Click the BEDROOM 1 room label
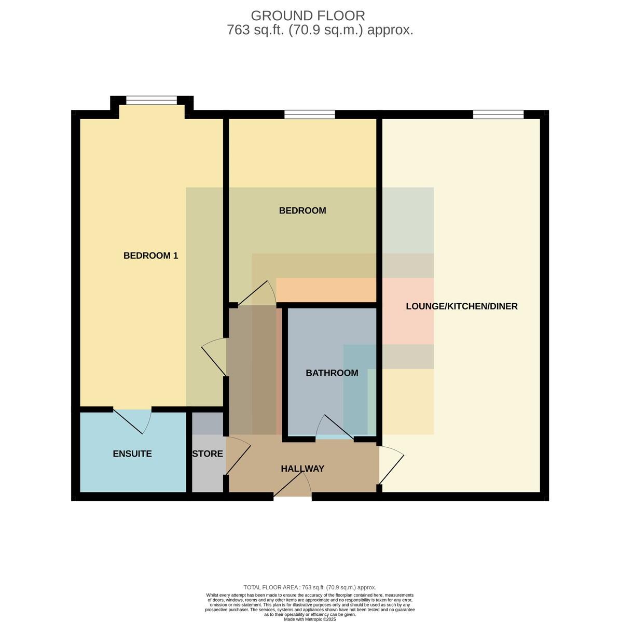(150, 256)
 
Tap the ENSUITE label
(132, 454)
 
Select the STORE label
(208, 454)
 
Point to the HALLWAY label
(302, 469)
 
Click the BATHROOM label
(332, 373)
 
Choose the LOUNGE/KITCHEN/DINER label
(462, 306)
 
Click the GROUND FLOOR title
(308, 16)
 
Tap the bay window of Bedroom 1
(151, 100)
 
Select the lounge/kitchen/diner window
(498, 115)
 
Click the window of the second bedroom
(310, 115)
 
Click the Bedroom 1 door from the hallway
(214, 357)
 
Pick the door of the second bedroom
(257, 293)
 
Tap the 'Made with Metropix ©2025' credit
(310, 619)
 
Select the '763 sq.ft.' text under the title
(255, 30)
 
